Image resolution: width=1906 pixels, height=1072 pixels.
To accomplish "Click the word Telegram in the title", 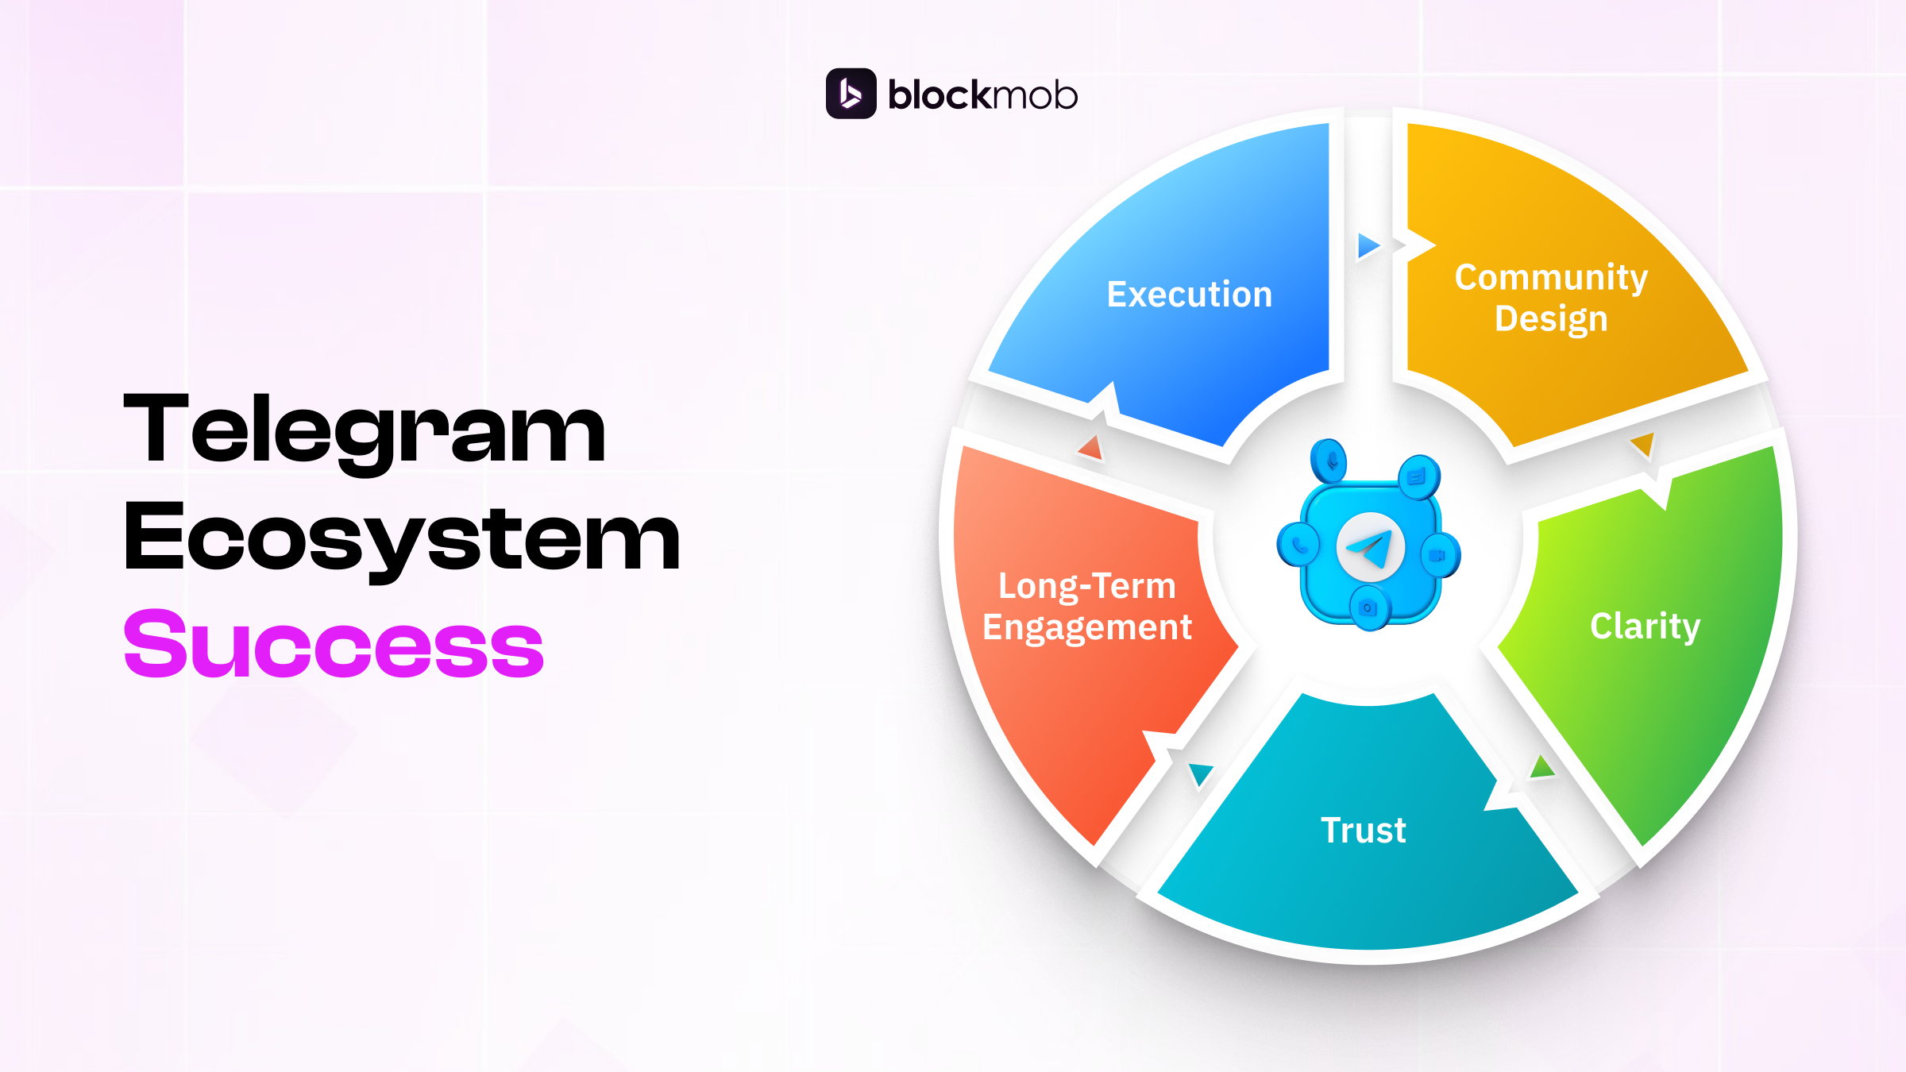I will tap(365, 430).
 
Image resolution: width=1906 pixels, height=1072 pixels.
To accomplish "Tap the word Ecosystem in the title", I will tap(402, 538).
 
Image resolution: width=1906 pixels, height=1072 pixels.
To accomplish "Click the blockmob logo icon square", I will tap(851, 94).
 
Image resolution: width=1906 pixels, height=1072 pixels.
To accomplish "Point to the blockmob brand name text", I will tap(982, 95).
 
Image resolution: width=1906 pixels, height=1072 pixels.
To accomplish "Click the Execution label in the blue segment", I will tap(1189, 295).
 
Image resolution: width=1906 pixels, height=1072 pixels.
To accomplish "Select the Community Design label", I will tap(1551, 298).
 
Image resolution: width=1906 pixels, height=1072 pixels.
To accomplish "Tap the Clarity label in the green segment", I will tap(1645, 627).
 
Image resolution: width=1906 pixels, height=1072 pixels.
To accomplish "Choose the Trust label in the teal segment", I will tap(1363, 831).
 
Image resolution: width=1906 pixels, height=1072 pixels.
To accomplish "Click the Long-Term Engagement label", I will tap(1087, 607).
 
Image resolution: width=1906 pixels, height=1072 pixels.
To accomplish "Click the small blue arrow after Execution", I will tap(1368, 246).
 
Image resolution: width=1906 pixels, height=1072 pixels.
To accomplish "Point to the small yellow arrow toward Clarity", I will tap(1642, 445).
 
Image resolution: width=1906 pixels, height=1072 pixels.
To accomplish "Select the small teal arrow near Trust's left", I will tap(1199, 773).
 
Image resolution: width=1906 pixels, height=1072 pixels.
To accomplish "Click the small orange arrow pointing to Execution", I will tap(1091, 448).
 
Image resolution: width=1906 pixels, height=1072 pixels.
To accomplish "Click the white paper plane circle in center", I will tap(1370, 547).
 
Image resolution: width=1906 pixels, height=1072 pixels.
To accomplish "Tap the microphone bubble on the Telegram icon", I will tap(1329, 461).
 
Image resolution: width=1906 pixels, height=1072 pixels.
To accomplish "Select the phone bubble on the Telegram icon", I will tap(1298, 546).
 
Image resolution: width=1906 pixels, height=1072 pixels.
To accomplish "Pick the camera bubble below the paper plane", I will tap(1368, 609).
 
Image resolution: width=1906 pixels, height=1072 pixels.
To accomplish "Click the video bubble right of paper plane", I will tap(1437, 554).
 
